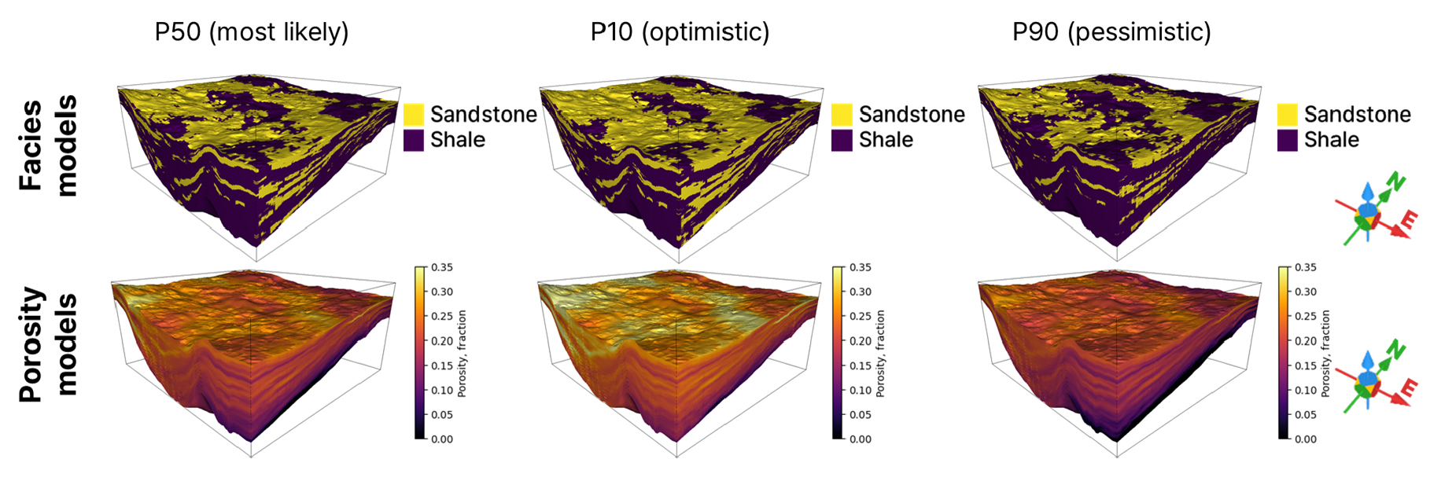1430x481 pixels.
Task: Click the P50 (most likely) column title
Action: (x=252, y=32)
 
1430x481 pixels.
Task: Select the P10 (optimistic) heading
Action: (x=680, y=32)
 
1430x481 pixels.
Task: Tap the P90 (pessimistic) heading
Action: (x=1111, y=32)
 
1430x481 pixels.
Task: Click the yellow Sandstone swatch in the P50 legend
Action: (x=414, y=115)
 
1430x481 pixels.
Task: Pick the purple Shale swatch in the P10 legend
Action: (x=842, y=140)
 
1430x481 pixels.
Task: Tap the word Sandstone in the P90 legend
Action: (x=1357, y=115)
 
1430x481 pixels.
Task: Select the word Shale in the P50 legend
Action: (x=458, y=140)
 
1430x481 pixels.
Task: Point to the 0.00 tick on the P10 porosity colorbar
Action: (x=861, y=439)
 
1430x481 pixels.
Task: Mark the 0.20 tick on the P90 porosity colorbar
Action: (x=1306, y=341)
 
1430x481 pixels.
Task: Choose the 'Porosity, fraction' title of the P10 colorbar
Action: (x=880, y=353)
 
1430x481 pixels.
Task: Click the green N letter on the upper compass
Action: (x=1395, y=182)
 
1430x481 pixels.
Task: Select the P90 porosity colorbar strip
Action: (x=1284, y=353)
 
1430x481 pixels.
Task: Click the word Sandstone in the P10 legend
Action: (x=912, y=115)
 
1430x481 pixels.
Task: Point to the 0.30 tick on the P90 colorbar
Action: (x=1306, y=292)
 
